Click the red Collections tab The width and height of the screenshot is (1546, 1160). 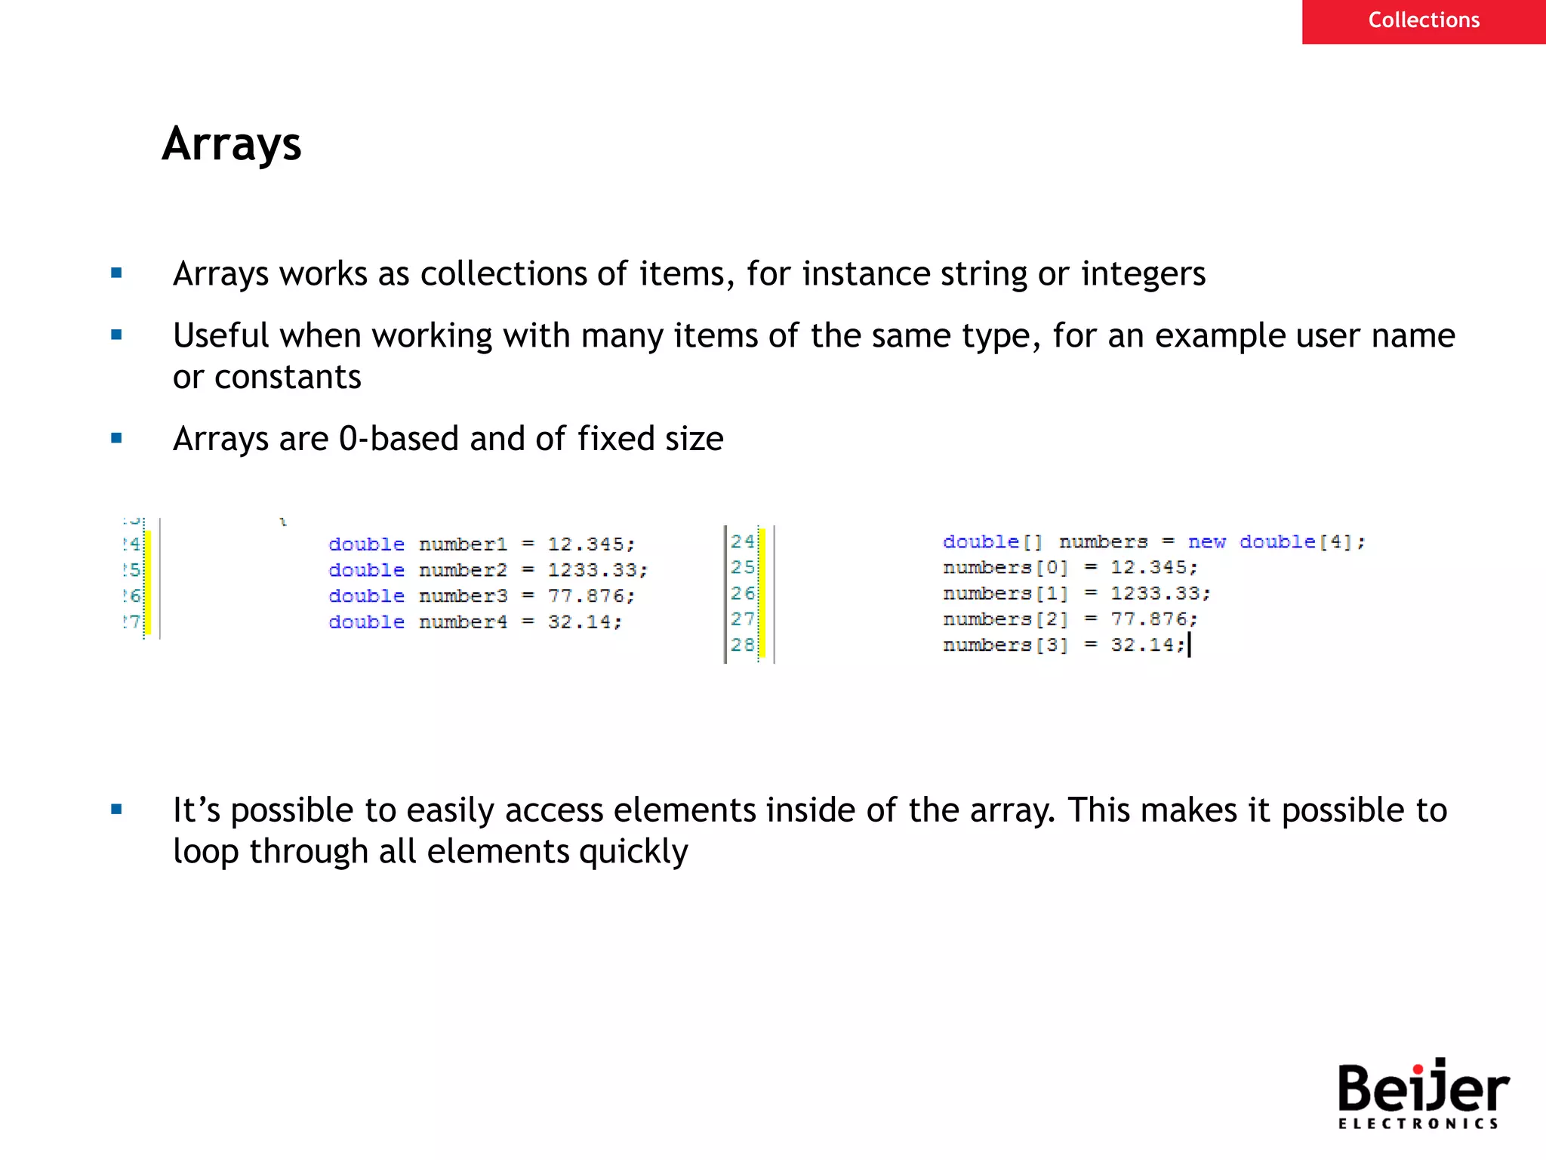(x=1423, y=20)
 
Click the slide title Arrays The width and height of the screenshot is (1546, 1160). (x=231, y=144)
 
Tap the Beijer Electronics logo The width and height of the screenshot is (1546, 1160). (x=1422, y=1094)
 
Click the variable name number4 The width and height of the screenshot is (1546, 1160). (x=463, y=622)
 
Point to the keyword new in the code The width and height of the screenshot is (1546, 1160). (x=1206, y=542)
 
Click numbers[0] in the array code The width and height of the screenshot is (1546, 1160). (x=1005, y=568)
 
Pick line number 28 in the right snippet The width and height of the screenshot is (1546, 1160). (x=742, y=645)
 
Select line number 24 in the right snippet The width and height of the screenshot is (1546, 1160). (x=742, y=541)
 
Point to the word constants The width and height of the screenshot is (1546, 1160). (x=288, y=377)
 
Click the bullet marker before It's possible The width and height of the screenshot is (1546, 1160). (x=116, y=810)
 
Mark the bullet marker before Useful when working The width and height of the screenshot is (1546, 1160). (x=116, y=335)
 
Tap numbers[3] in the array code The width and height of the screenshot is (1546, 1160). (x=1005, y=645)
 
